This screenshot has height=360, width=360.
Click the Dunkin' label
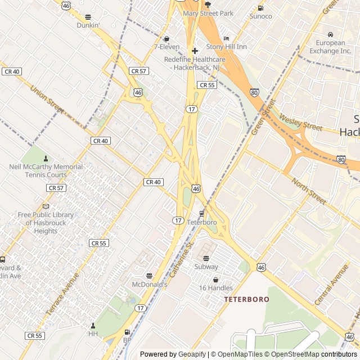click(x=88, y=25)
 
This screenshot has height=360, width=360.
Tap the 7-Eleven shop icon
click(x=166, y=38)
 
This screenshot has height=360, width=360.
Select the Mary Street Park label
click(x=208, y=13)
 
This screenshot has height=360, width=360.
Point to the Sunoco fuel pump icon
click(x=260, y=8)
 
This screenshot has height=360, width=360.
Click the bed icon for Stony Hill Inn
click(x=227, y=38)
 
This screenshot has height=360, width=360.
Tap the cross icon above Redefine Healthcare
click(x=195, y=51)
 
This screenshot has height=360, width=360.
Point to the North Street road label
click(x=309, y=191)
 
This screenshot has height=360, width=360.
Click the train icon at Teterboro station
click(x=201, y=213)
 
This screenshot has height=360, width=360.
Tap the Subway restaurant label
click(x=206, y=267)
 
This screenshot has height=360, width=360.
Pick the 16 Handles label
click(x=215, y=288)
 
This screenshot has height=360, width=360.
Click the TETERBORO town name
click(x=246, y=299)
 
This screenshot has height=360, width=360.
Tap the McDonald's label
click(x=150, y=285)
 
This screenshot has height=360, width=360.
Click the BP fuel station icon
click(x=127, y=332)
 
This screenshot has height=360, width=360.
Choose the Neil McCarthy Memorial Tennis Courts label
click(x=46, y=170)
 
